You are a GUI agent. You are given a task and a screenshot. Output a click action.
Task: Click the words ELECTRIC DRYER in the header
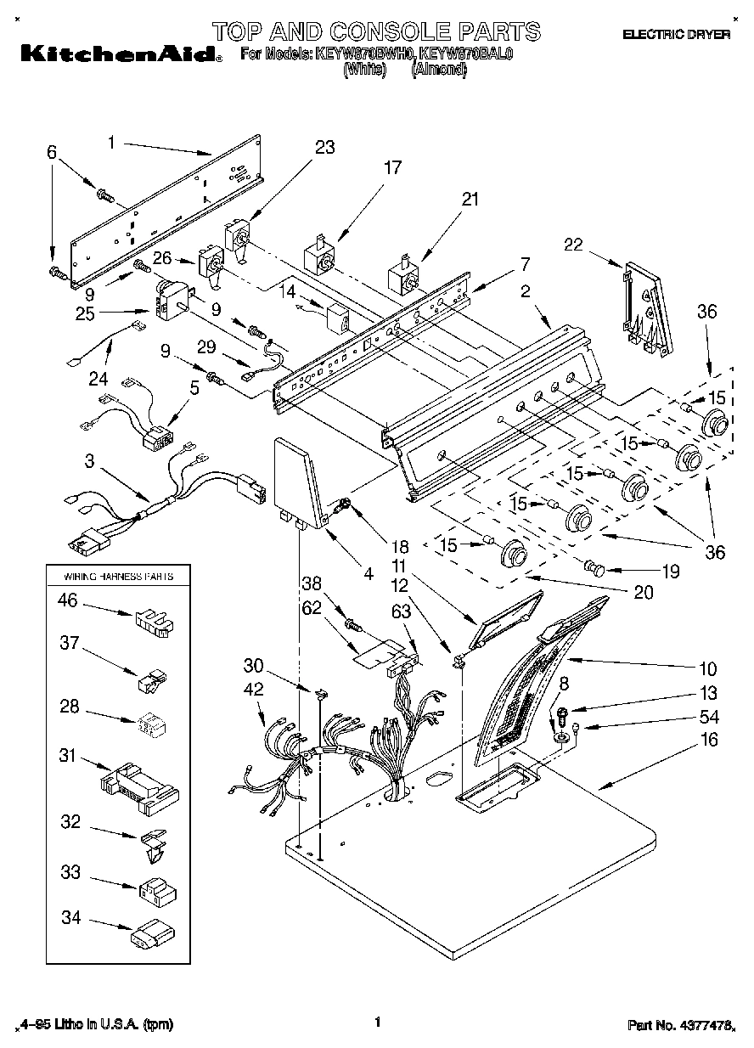[x=676, y=35]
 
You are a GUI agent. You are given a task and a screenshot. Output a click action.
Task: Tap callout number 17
[x=391, y=167]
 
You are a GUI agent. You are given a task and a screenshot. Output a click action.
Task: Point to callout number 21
[x=470, y=200]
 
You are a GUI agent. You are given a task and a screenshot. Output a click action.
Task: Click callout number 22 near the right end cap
[x=575, y=245]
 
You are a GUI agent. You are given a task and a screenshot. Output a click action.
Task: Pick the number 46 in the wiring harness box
[x=68, y=601]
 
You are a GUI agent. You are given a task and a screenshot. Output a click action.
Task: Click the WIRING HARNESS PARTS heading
[x=119, y=576]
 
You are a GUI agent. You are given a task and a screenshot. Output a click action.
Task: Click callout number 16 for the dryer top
[x=709, y=740]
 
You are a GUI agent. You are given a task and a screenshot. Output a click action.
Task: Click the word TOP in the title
[x=241, y=31]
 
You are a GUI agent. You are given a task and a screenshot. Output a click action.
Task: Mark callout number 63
[x=402, y=611]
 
